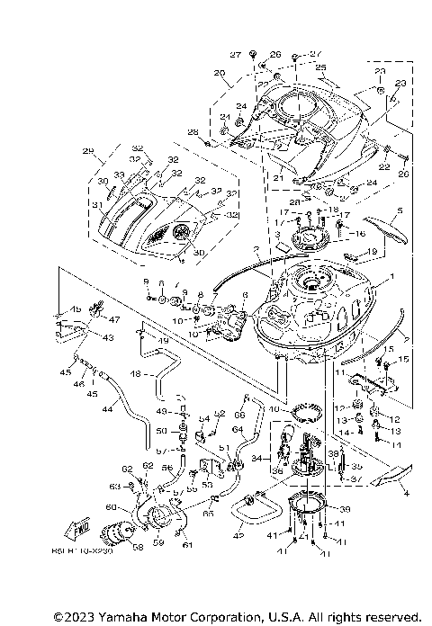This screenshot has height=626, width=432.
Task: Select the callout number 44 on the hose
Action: tap(108, 408)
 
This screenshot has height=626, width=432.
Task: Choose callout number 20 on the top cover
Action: tap(219, 72)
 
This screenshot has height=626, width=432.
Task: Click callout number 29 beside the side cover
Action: tap(87, 150)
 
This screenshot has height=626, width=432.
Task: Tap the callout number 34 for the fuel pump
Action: tap(257, 458)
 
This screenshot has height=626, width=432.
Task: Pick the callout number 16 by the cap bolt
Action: tap(347, 233)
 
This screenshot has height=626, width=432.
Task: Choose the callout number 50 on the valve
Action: tap(175, 431)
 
